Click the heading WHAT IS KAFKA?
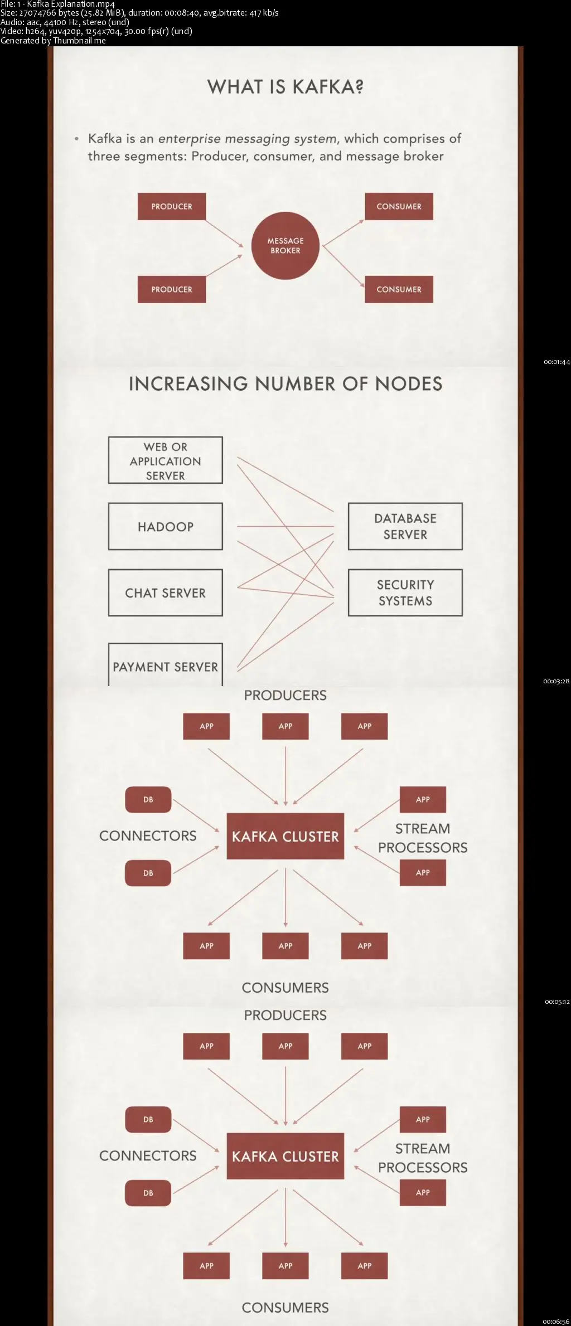click(x=285, y=87)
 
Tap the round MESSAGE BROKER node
click(x=285, y=246)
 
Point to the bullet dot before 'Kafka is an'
click(x=76, y=138)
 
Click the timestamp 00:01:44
click(x=557, y=362)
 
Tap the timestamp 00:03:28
click(x=557, y=681)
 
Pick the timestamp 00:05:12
click(x=557, y=1002)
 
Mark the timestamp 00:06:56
click(x=557, y=1322)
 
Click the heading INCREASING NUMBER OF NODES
click(x=285, y=384)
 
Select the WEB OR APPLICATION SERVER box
click(x=166, y=460)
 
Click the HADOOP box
click(x=166, y=527)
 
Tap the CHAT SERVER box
click(x=166, y=593)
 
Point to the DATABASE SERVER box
click(x=405, y=527)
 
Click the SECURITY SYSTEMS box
click(x=405, y=593)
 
